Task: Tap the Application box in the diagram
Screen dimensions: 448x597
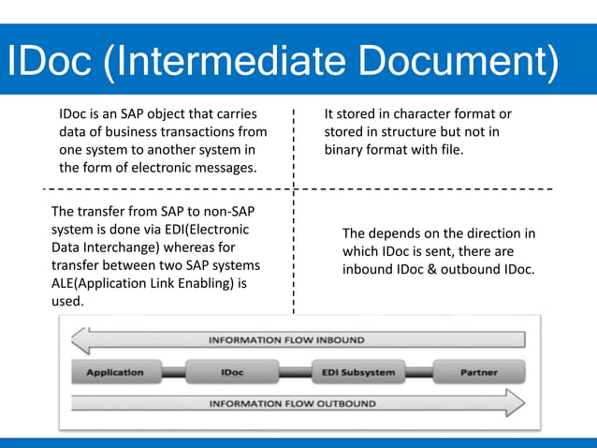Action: coord(115,372)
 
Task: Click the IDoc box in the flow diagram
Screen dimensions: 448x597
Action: coord(232,372)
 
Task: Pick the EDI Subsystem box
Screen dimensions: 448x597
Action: coord(357,372)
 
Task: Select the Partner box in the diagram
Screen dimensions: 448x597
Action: coord(478,372)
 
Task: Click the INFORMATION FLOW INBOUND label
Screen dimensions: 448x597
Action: coord(286,340)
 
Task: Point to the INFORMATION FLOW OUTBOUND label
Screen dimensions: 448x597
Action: coord(292,404)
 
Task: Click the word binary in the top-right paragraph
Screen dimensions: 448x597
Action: coord(345,150)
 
